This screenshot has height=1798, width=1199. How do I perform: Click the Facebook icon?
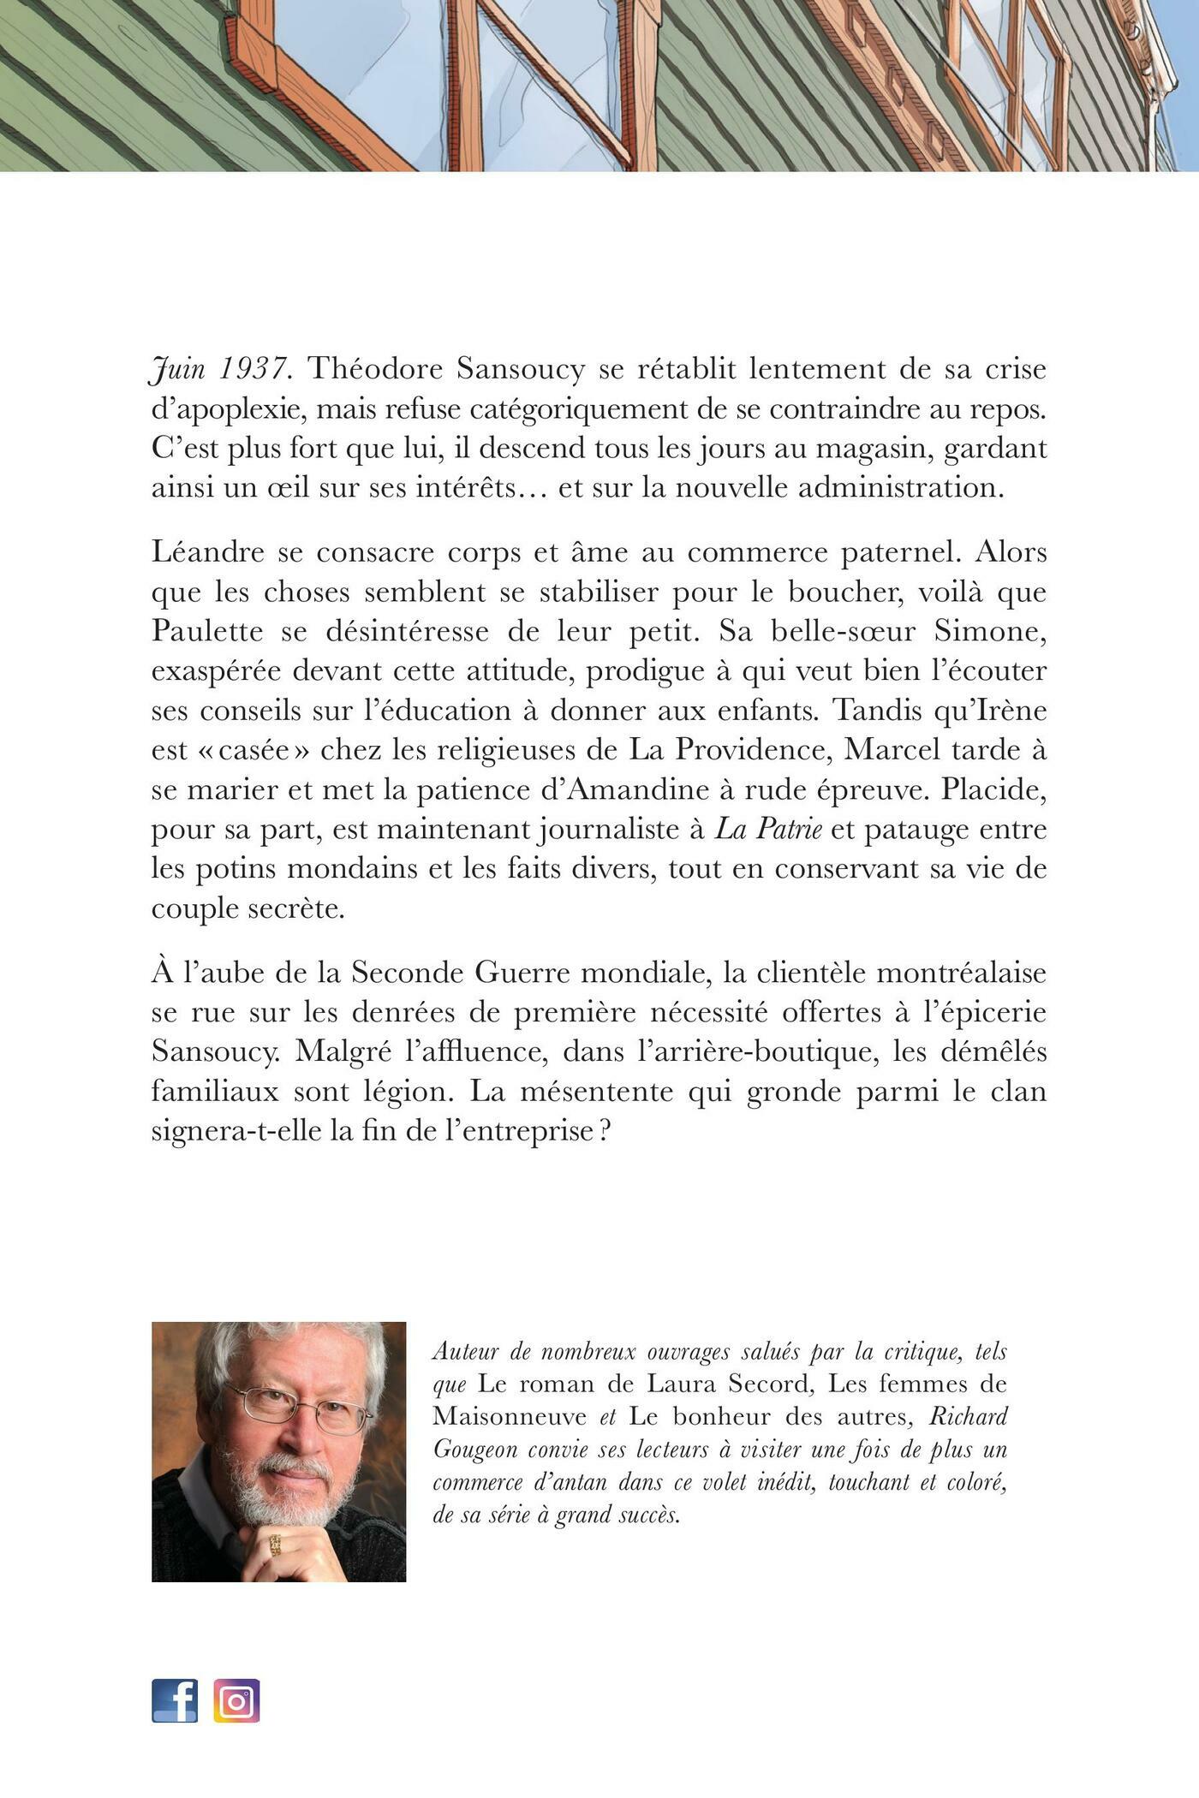[175, 1700]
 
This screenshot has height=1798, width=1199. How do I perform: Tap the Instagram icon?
[236, 1700]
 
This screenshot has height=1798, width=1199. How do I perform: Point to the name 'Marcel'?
[896, 749]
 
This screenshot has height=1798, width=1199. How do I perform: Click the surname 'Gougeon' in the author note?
[480, 1450]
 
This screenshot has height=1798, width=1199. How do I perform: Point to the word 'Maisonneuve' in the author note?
[510, 1417]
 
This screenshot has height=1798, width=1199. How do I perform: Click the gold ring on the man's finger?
[276, 1544]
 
